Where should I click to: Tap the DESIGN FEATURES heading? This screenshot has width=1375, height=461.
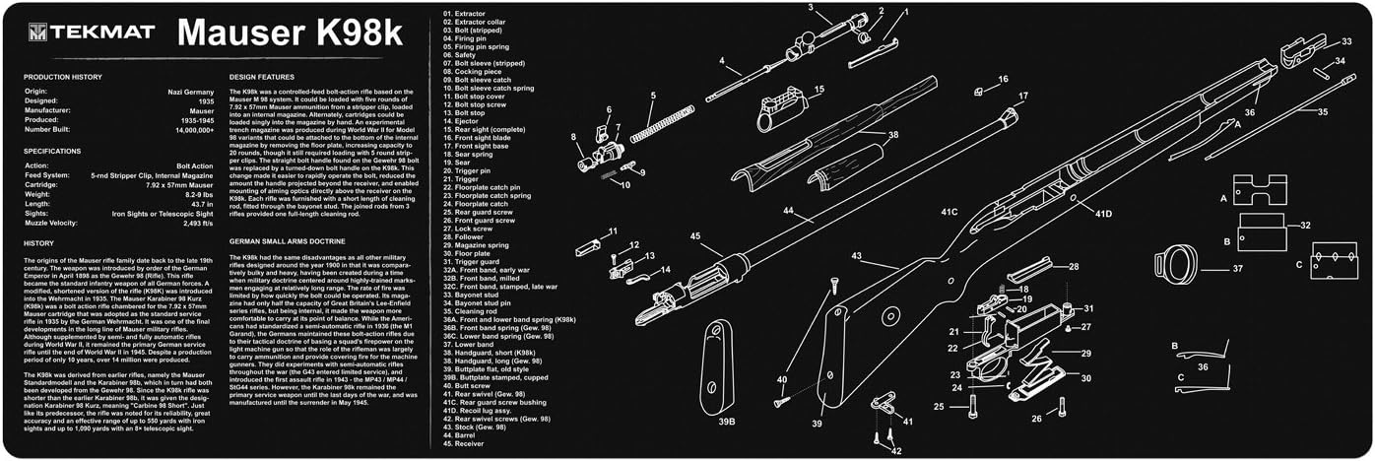[262, 76]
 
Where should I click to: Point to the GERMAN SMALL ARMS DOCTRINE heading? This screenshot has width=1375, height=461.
[287, 239]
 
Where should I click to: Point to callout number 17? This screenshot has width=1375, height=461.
[1022, 96]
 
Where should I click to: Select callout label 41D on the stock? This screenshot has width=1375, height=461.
[1103, 214]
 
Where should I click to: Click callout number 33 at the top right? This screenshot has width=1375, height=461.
[1345, 41]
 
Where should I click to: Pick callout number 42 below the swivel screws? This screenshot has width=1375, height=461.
[894, 451]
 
